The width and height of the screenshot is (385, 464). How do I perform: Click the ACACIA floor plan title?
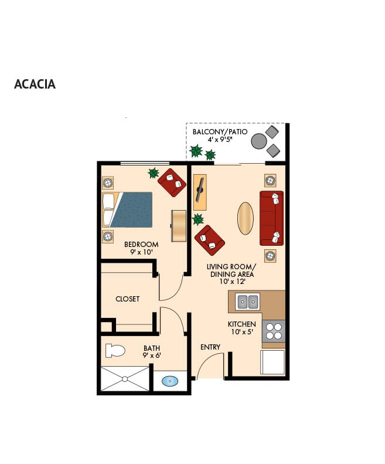35,84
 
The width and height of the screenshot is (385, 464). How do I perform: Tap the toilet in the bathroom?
115,351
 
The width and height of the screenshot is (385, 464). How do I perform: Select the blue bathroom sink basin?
170,381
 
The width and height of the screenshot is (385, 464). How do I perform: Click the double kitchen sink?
247,302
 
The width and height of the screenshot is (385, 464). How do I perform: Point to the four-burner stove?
274,331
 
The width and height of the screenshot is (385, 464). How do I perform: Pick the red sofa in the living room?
271,218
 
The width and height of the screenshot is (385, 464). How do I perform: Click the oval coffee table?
246,218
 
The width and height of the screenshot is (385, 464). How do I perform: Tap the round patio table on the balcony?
259,141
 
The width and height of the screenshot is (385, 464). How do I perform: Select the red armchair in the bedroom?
172,182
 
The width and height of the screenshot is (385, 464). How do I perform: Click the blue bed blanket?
132,210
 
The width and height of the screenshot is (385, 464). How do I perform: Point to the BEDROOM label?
141,245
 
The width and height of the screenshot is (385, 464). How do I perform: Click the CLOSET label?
127,299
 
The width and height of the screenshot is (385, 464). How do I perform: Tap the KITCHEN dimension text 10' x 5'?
242,332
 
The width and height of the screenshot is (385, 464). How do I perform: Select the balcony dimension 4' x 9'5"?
220,140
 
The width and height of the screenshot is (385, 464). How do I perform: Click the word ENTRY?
210,347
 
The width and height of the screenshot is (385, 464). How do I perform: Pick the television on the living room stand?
200,189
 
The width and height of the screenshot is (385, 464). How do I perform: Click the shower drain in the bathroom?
125,379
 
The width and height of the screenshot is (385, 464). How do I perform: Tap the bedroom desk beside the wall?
179,226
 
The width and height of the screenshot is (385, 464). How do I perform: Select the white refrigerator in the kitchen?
272,362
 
